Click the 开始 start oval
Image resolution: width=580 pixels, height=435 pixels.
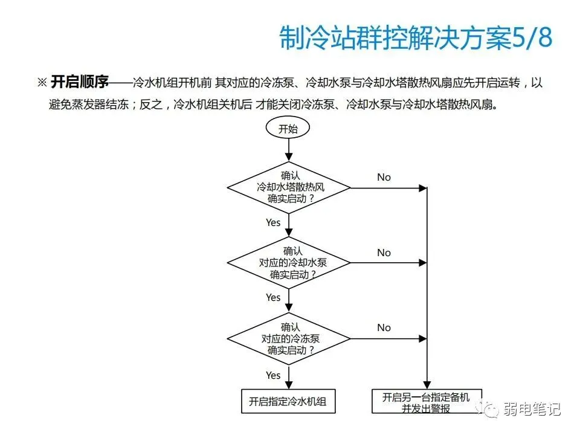tap(288, 128)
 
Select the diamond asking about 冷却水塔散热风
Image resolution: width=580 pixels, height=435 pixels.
tap(288, 187)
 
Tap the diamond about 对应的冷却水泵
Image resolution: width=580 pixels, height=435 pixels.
tap(288, 262)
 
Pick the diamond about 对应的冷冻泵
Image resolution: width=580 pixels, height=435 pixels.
tap(288, 338)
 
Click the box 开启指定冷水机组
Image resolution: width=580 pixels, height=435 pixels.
tap(288, 401)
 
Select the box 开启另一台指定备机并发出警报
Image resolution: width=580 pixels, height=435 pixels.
tap(427, 402)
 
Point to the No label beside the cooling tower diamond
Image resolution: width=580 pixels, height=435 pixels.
tap(384, 177)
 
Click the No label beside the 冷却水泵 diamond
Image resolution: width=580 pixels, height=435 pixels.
tap(384, 253)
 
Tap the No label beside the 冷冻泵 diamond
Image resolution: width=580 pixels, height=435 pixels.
tap(384, 327)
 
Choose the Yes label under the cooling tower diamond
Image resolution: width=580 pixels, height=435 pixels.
tap(273, 222)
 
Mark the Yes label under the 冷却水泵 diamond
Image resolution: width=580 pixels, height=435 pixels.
tap(273, 297)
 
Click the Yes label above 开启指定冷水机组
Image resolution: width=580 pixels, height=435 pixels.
tap(273, 375)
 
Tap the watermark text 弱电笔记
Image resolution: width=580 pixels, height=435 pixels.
tap(532, 409)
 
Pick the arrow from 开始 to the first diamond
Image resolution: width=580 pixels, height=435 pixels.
tap(288, 150)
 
